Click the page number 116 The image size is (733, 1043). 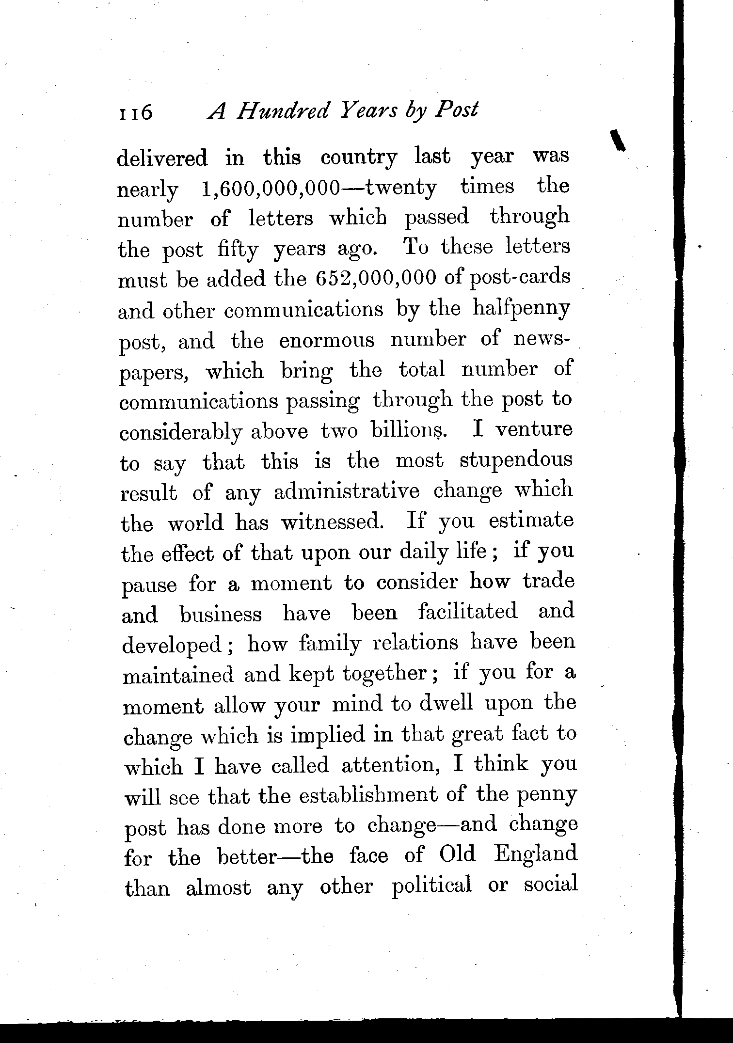[x=135, y=112]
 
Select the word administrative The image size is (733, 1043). [x=346, y=492]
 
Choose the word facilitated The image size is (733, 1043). [x=468, y=612]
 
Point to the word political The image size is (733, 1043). [x=431, y=886]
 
